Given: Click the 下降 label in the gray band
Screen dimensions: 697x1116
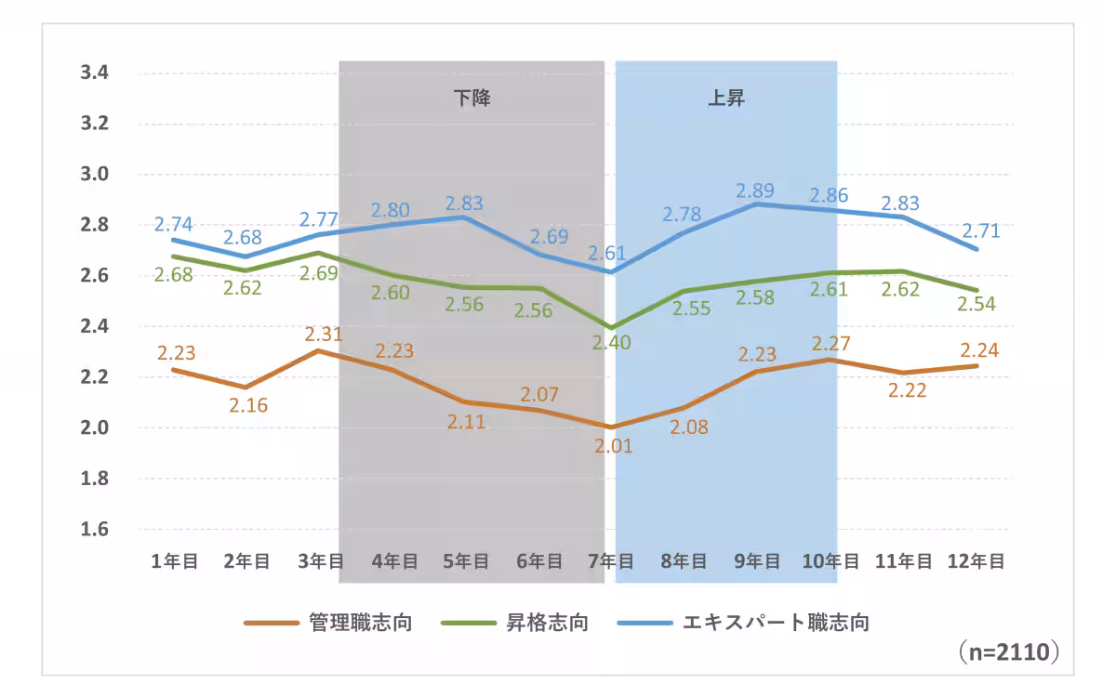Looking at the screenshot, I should tap(472, 99).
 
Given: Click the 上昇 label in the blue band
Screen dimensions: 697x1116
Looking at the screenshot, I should tap(726, 99).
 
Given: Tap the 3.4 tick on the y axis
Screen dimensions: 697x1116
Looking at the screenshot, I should tap(96, 72).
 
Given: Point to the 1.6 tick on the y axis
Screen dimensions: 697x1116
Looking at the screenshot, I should tap(96, 530).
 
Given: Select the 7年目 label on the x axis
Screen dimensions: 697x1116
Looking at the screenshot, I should tap(611, 561).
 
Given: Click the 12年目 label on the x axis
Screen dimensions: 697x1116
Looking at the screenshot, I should tap(976, 561).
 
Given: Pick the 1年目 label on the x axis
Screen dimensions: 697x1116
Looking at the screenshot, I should tap(174, 561).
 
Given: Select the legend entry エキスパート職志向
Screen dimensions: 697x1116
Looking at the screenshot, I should tap(776, 623).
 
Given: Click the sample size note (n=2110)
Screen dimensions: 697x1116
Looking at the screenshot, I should tap(1008, 653).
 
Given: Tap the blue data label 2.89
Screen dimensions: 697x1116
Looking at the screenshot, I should tap(756, 191).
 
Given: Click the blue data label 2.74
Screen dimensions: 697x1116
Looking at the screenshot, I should tap(173, 224).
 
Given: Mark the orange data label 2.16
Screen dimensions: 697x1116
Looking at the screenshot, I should tap(246, 405).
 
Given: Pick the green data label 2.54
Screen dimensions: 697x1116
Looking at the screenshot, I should tap(976, 304).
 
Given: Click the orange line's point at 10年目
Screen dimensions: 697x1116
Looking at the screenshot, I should tap(830, 359).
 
